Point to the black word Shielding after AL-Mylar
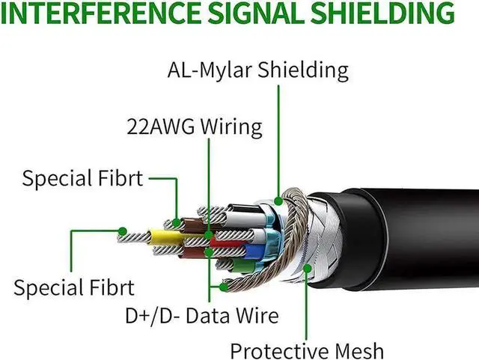point(303,71)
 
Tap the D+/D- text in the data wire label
point(153,316)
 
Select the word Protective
point(279,352)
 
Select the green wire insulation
point(243,265)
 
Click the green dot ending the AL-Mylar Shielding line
point(278,201)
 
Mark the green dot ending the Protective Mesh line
point(308,269)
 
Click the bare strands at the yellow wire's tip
point(134,237)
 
